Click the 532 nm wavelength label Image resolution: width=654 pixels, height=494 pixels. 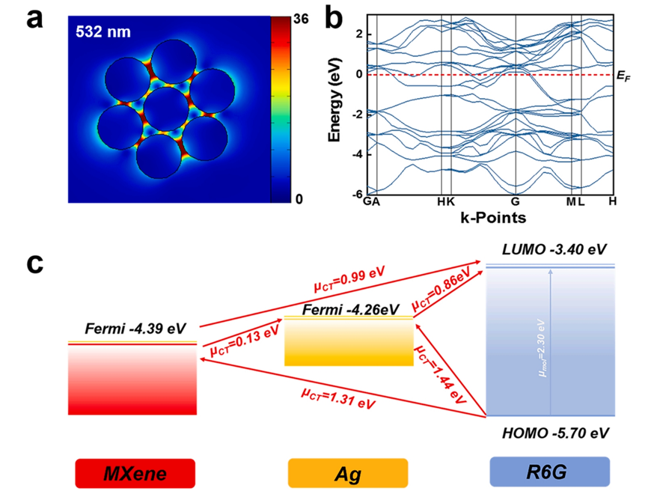(103, 32)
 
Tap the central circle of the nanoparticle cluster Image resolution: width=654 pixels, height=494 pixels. (166, 109)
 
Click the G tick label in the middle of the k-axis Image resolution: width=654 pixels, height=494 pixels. (516, 202)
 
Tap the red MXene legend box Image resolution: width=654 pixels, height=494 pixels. (135, 473)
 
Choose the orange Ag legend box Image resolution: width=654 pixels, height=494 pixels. (348, 473)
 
